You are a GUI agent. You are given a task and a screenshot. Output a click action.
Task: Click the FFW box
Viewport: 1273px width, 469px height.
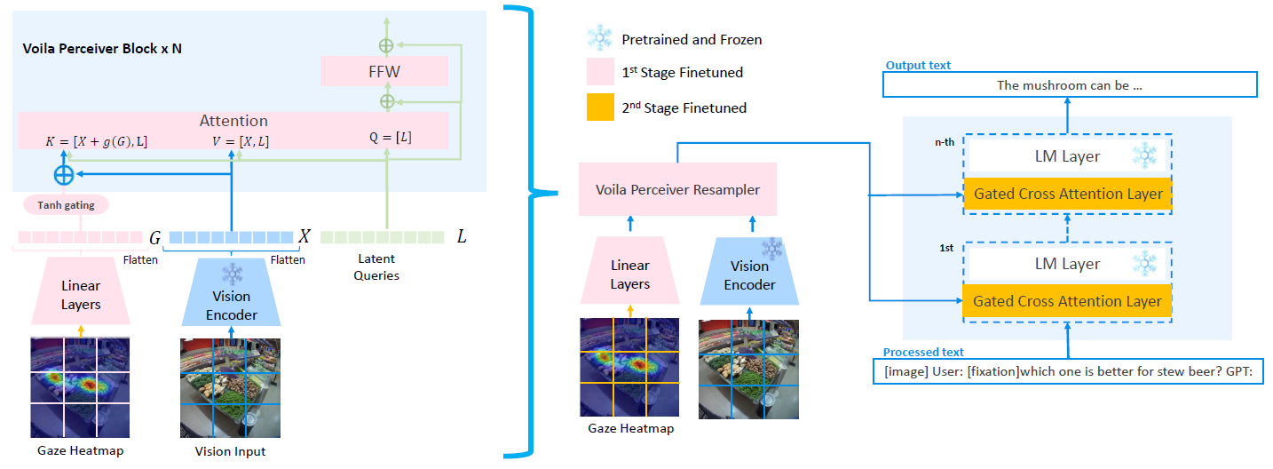pyautogui.click(x=384, y=71)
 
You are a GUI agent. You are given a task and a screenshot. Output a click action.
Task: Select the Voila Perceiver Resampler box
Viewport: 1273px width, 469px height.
pyautogui.click(x=676, y=189)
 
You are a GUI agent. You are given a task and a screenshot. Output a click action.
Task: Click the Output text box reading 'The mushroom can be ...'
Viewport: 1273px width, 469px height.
pyautogui.click(x=1070, y=85)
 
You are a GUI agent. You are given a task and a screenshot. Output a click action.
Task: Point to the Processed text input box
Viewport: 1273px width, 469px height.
pyautogui.click(x=1068, y=372)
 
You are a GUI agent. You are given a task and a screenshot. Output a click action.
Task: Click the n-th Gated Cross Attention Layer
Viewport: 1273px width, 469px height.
pyautogui.click(x=1068, y=194)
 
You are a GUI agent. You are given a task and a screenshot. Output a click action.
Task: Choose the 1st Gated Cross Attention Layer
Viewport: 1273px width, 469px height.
pyautogui.click(x=1067, y=301)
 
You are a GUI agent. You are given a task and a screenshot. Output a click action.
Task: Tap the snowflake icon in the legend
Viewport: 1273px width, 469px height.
pyautogui.click(x=600, y=39)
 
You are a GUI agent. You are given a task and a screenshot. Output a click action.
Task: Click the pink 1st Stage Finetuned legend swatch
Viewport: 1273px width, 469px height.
pyautogui.click(x=600, y=72)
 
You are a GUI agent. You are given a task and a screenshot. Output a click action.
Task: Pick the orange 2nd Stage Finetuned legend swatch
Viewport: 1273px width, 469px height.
pyautogui.click(x=600, y=107)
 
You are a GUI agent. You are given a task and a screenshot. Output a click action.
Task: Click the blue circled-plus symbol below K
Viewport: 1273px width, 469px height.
pyautogui.click(x=64, y=172)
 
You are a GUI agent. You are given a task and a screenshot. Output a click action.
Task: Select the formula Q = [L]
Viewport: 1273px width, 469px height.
pyautogui.click(x=390, y=138)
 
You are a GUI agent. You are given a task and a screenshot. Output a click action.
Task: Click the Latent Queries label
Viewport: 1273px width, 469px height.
pyautogui.click(x=377, y=266)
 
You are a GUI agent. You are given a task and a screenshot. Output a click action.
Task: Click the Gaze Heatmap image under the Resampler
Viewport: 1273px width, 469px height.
pyautogui.click(x=629, y=368)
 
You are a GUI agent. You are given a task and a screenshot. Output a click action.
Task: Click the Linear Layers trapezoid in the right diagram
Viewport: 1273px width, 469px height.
pyautogui.click(x=630, y=274)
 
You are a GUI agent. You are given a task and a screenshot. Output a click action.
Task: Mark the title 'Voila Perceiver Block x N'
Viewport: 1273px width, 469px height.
pyautogui.click(x=102, y=48)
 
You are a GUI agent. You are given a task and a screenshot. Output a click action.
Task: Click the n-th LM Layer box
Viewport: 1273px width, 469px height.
pyautogui.click(x=1068, y=156)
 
